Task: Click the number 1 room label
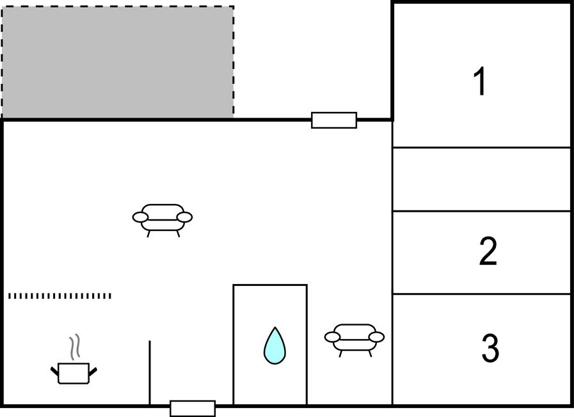coord(479,83)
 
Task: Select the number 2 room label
coord(488,252)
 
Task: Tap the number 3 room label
coord(490,349)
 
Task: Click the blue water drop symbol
coord(275,346)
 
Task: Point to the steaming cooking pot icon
coord(74,372)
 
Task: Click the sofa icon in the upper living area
coord(163,218)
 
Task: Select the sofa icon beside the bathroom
coord(355,338)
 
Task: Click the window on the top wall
coord(334,120)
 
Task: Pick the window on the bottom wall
coord(193,408)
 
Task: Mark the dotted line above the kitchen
coord(60,296)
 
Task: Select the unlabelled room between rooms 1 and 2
coord(481,179)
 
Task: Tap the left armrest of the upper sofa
coord(140,217)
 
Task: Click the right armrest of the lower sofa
coord(377,337)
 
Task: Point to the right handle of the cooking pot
coord(93,370)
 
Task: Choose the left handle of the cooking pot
coord(54,370)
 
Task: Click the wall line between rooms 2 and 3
coord(481,294)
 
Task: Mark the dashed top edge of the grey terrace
coord(117,7)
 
